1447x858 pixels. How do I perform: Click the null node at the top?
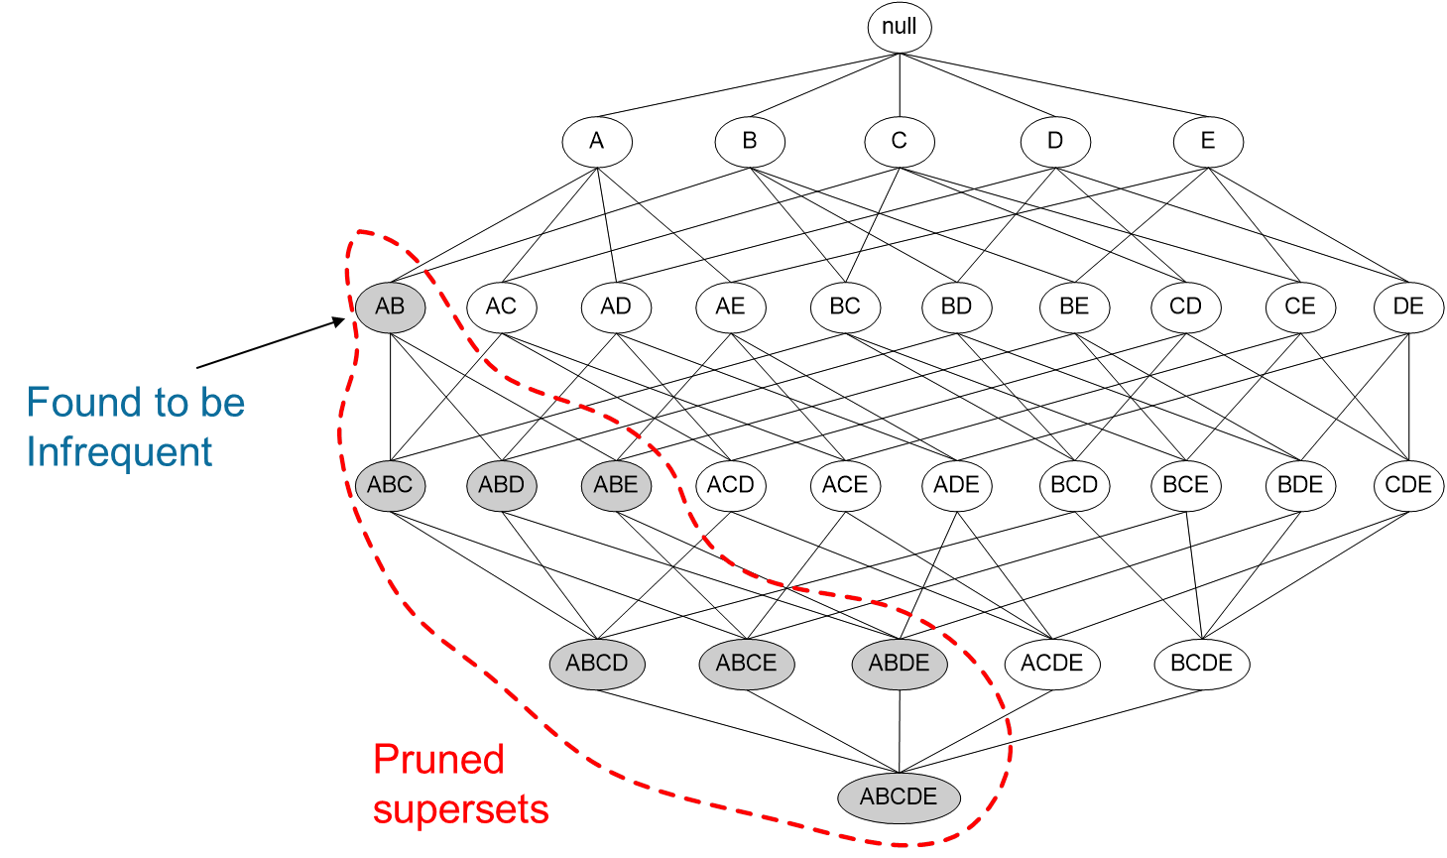pyautogui.click(x=899, y=27)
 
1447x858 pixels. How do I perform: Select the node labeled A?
pyautogui.click(x=596, y=141)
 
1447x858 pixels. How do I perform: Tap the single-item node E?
pyautogui.click(x=1207, y=141)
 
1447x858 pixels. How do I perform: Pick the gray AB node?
pyautogui.click(x=390, y=306)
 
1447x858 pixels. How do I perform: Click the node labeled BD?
pyautogui.click(x=956, y=306)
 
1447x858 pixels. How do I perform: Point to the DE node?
pyautogui.click(x=1408, y=306)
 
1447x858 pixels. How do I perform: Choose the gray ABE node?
pyautogui.click(x=616, y=485)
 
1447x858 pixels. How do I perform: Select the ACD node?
pyautogui.click(x=731, y=485)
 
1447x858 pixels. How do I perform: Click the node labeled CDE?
pyautogui.click(x=1408, y=485)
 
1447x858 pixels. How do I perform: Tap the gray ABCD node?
pyautogui.click(x=597, y=663)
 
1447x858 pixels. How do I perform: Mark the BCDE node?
pyautogui.click(x=1201, y=663)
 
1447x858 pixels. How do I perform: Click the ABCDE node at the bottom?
pyautogui.click(x=899, y=797)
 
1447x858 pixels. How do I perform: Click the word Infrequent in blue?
pyautogui.click(x=119, y=452)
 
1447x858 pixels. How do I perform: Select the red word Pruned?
pyautogui.click(x=438, y=760)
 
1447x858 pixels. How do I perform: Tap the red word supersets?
pyautogui.click(x=460, y=809)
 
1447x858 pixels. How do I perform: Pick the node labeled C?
pyautogui.click(x=899, y=141)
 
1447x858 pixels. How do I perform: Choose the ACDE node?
pyautogui.click(x=1052, y=663)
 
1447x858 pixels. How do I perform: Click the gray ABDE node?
pyautogui.click(x=899, y=663)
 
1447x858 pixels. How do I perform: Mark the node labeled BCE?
pyautogui.click(x=1185, y=485)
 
